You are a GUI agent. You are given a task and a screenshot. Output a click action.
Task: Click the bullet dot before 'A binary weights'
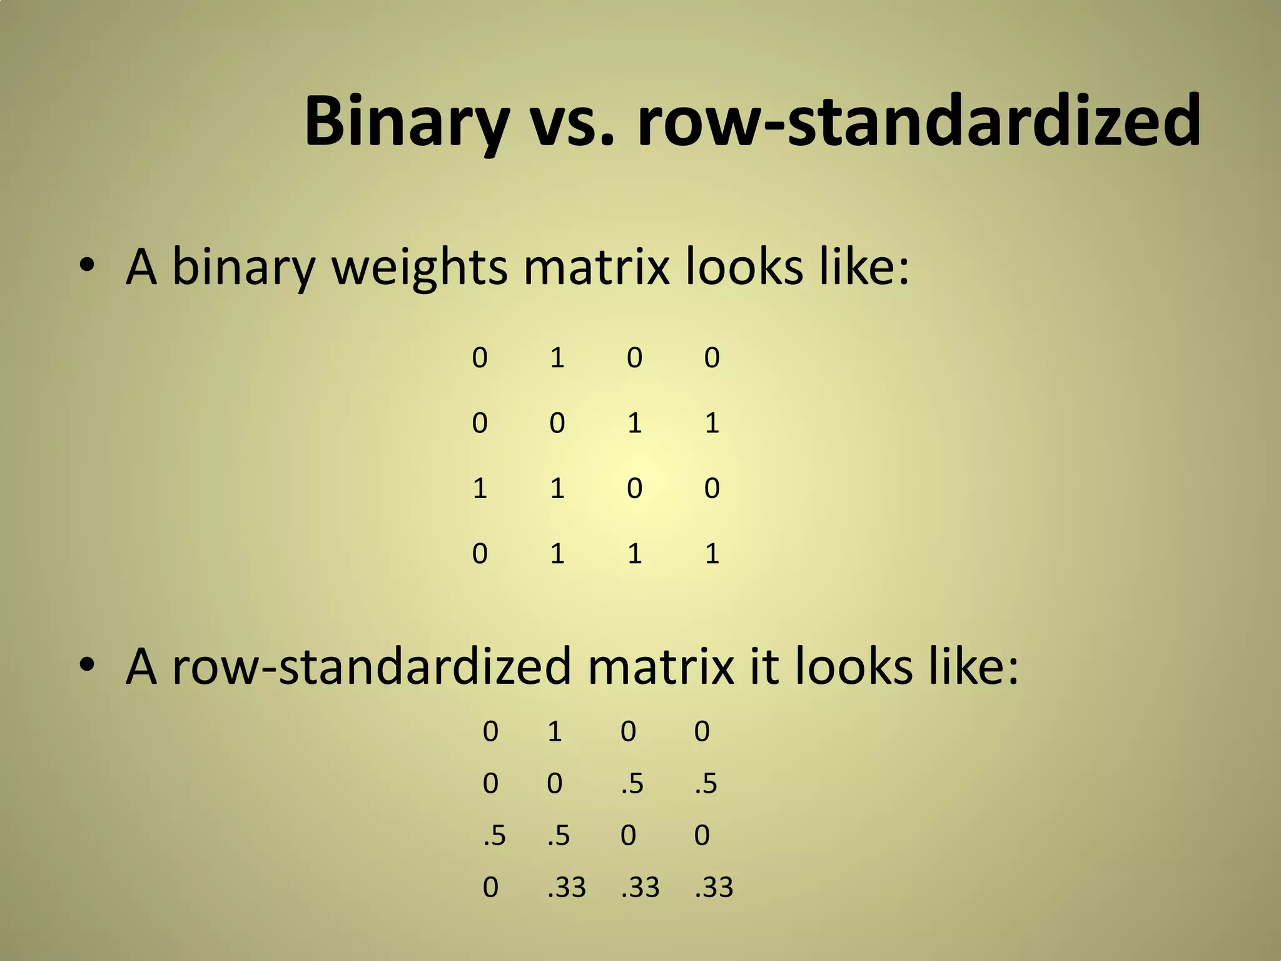coord(87,267)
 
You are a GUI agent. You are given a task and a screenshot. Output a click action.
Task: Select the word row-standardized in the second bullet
coord(372,666)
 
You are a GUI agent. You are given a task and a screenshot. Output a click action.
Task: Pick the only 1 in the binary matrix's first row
coord(557,358)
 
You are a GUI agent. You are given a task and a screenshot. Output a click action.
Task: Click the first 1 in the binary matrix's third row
coord(480,488)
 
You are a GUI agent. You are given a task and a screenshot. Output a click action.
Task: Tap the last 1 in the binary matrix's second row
coord(712,424)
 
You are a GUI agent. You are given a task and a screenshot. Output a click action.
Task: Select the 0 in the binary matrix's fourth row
coord(480,554)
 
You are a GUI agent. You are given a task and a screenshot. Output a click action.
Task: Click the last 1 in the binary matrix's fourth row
coord(712,554)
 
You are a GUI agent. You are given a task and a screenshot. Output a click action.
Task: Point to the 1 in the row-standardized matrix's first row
coord(555,731)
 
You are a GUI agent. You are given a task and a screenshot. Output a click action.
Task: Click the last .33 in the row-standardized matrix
coord(714,887)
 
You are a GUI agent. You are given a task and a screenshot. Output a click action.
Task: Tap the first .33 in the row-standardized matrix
coord(567,887)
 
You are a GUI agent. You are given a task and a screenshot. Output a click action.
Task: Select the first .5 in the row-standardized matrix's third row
coord(494,835)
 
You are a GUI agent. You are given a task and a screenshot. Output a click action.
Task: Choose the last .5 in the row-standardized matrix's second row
coord(706,783)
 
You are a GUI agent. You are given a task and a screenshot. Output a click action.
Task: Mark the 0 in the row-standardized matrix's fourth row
coord(490,887)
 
